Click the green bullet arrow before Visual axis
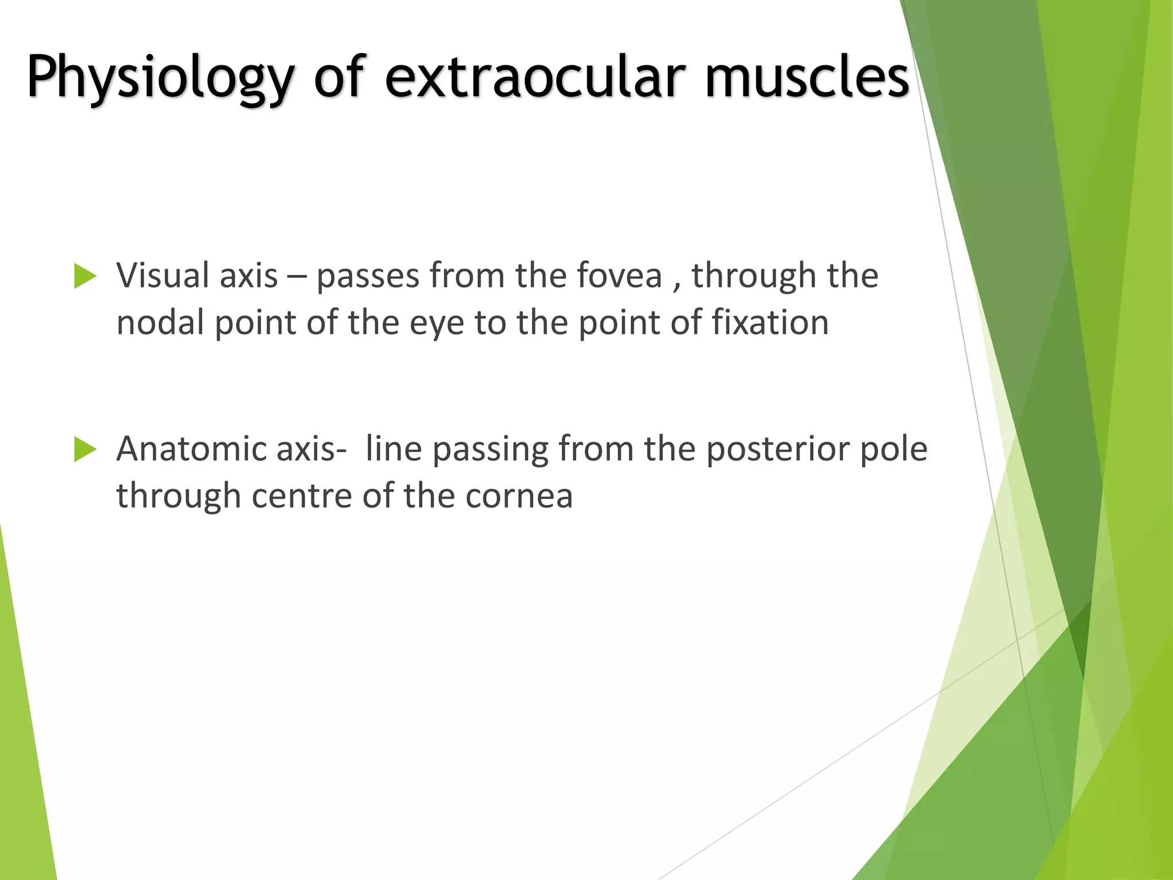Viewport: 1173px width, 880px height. click(x=85, y=277)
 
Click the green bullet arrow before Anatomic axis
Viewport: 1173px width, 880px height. click(x=85, y=450)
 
